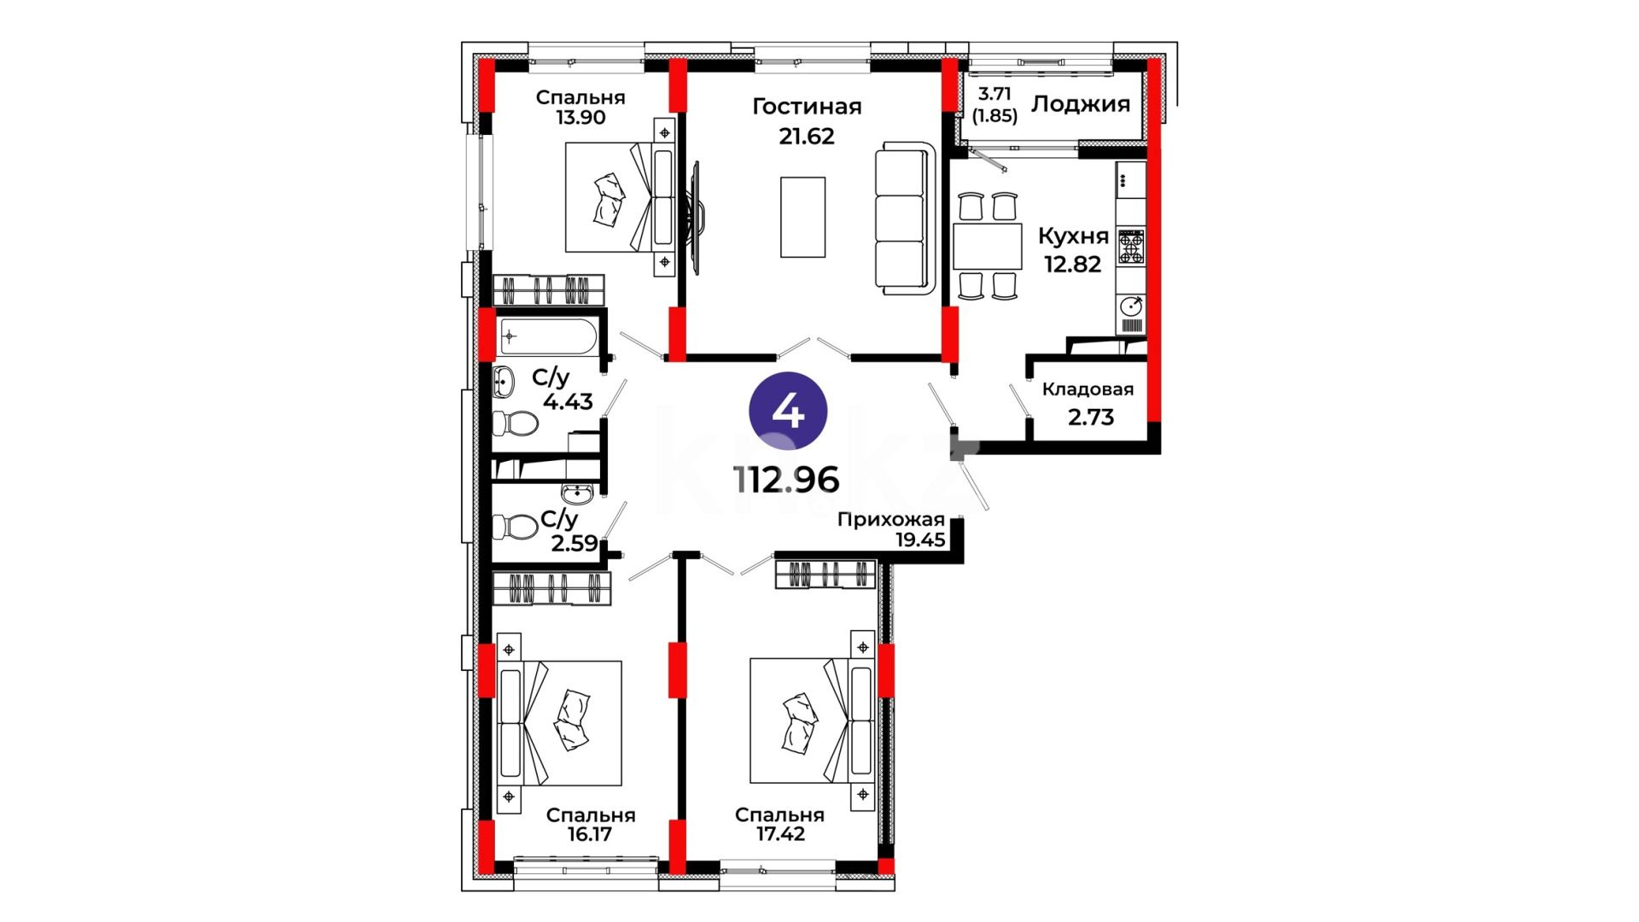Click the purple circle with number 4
pos(788,411)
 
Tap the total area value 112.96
pos(786,481)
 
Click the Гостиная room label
pos(807,107)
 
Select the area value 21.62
pos(807,136)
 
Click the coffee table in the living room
pos(802,217)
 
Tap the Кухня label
pos(1073,236)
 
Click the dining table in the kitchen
pos(988,246)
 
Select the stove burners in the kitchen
pos(1131,247)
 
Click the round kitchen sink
pos(1131,306)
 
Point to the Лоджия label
pos(1081,104)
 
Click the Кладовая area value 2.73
pos(1091,417)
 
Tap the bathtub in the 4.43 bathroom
pos(548,336)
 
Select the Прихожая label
pos(890,519)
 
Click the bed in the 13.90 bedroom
pos(620,197)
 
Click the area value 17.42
pos(780,834)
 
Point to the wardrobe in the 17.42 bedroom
pos(825,575)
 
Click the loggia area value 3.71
pos(994,94)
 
